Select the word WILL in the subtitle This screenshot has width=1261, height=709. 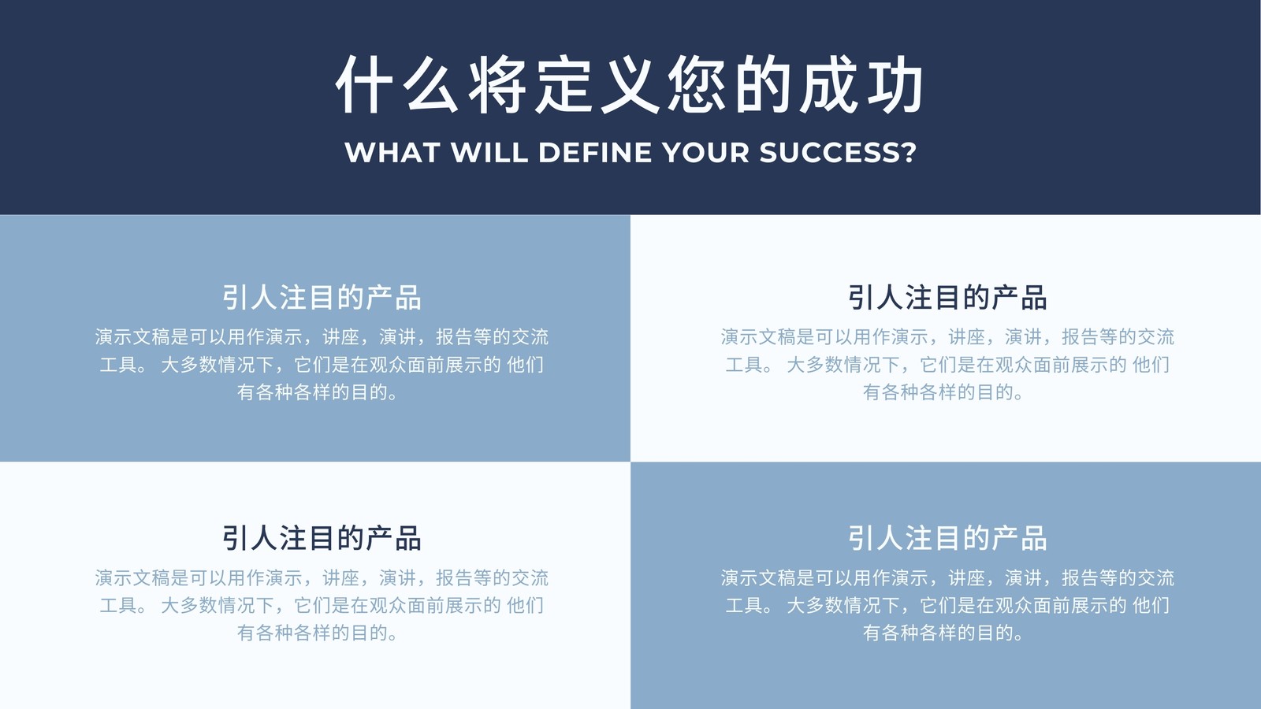[x=489, y=153]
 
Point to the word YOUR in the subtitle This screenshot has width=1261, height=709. [x=705, y=153]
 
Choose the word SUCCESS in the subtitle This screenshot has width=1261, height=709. [x=830, y=153]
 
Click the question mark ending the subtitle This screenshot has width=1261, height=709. [x=909, y=153]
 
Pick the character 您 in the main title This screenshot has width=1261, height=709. [x=697, y=84]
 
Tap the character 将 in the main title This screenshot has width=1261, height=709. [x=497, y=84]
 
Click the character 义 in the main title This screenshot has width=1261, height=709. [x=630, y=84]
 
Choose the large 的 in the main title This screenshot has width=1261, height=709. [x=764, y=84]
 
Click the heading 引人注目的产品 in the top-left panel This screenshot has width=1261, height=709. [x=322, y=298]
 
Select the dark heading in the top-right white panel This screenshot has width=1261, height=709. [x=947, y=298]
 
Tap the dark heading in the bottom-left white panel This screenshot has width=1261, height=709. [x=322, y=539]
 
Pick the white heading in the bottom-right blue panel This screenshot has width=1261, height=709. [x=947, y=539]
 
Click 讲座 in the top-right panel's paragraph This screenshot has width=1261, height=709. [x=966, y=337]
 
